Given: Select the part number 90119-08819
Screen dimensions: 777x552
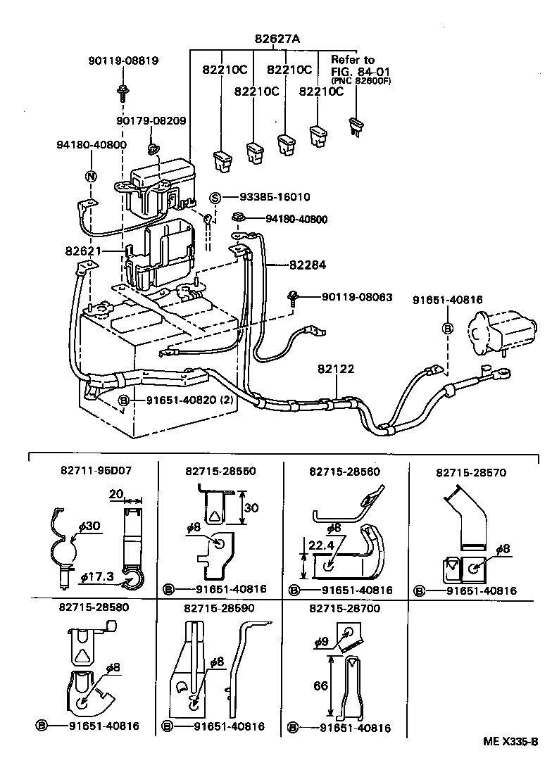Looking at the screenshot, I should click(x=123, y=61).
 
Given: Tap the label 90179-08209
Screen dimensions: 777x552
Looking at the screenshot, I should click(x=151, y=121).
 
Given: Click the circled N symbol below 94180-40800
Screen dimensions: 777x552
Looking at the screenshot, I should click(x=90, y=176).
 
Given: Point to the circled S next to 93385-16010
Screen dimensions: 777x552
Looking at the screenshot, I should click(x=216, y=197).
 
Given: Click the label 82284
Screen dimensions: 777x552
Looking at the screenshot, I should click(x=308, y=265).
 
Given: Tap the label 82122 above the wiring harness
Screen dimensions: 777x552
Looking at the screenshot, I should click(x=336, y=369).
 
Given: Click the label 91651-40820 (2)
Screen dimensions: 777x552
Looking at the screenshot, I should click(x=182, y=400).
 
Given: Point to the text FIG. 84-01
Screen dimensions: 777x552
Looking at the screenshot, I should click(x=360, y=71).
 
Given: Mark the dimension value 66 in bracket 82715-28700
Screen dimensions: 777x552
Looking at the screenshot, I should click(x=320, y=686).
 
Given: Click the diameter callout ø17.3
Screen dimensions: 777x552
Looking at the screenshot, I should click(x=97, y=576).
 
